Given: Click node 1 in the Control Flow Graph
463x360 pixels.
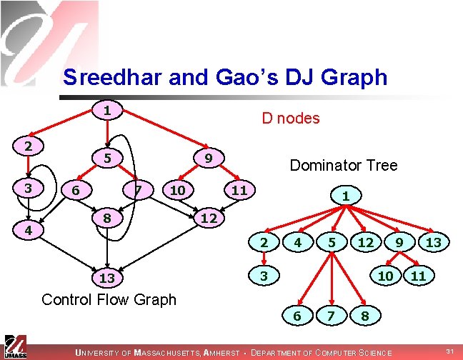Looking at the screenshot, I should (106, 111).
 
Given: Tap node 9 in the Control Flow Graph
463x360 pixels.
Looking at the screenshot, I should (206, 157).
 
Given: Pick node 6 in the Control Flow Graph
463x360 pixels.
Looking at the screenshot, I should (76, 191).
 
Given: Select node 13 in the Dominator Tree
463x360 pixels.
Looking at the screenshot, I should (433, 243).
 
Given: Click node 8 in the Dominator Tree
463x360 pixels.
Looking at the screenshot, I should (365, 315).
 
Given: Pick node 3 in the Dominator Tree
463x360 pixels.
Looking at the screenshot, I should (264, 275).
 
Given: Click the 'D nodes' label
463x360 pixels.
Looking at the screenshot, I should (290, 119).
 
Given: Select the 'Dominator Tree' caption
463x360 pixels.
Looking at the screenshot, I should (343, 165).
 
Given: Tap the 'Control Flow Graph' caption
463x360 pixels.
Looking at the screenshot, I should (109, 299).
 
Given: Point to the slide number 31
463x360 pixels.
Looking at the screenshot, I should (449, 351).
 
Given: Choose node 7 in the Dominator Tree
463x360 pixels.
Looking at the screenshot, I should (330, 315).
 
